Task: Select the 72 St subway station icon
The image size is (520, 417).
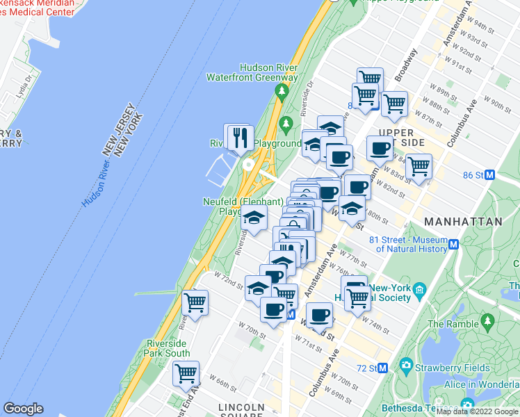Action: (382, 368)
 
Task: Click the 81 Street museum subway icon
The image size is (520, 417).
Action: (454, 244)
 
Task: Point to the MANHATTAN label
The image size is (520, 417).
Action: (463, 222)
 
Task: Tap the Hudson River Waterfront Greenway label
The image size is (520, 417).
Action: (252, 72)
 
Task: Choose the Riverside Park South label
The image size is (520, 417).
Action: (168, 348)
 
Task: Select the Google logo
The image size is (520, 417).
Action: (23, 409)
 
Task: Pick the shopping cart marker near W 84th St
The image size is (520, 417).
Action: (419, 167)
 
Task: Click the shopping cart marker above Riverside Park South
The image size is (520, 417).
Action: (195, 303)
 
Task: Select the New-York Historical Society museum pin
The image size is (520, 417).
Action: (419, 289)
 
